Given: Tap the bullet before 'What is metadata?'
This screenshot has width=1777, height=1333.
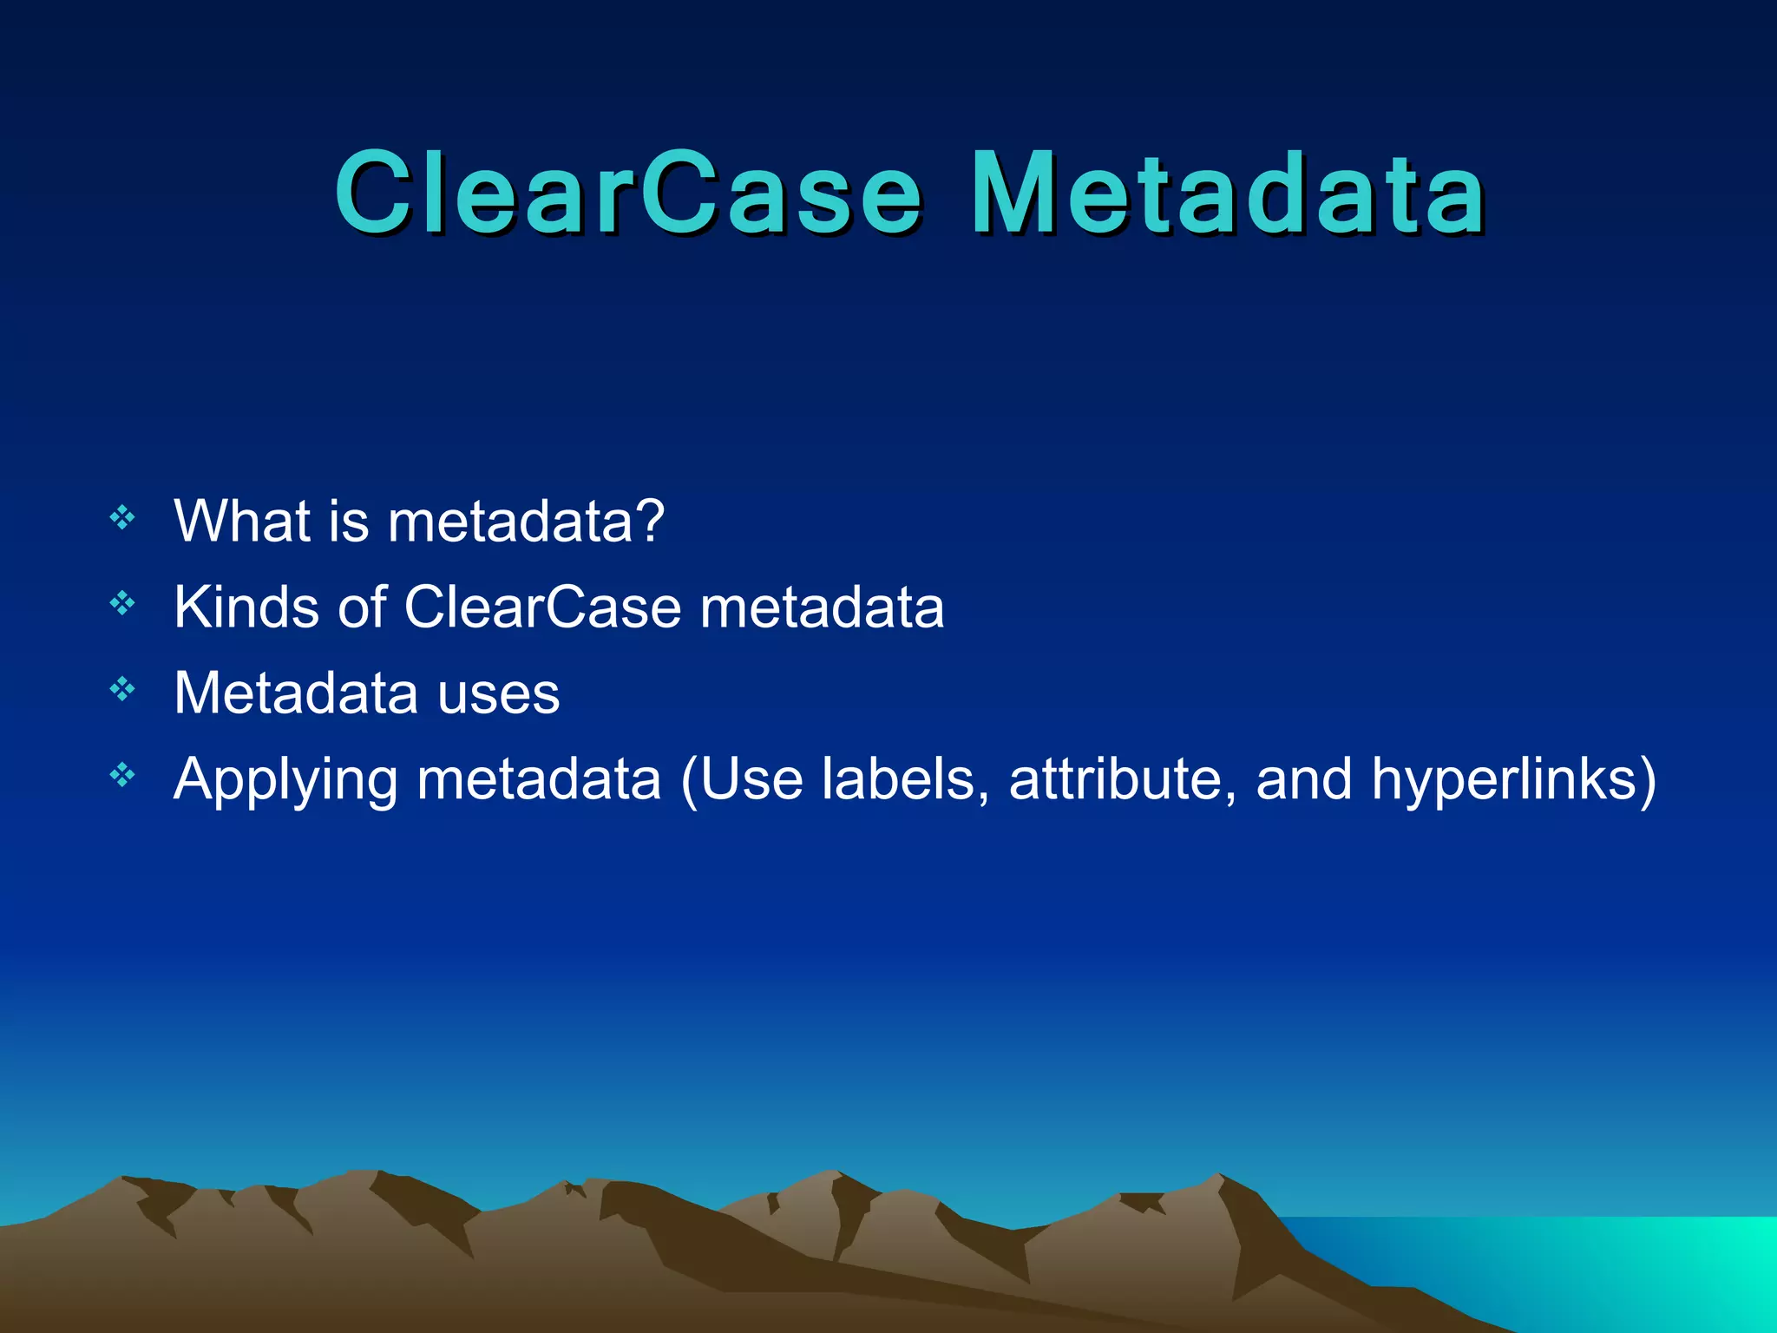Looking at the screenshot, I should [x=122, y=518].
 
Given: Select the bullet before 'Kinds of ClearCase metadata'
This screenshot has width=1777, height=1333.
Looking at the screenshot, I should [x=122, y=602].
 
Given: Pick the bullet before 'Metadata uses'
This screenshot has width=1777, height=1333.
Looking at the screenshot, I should [x=122, y=689].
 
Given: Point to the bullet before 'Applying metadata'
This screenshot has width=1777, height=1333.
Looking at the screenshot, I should [x=122, y=774].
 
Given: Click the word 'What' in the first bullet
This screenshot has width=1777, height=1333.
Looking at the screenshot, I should [x=242, y=522].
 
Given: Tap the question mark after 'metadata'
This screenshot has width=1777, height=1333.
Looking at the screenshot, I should [x=647, y=522].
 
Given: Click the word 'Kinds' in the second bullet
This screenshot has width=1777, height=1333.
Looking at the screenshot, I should [x=246, y=607].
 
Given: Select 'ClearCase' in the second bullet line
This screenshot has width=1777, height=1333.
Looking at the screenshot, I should [x=542, y=607].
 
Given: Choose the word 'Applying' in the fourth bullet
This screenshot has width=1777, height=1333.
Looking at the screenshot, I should [x=285, y=779].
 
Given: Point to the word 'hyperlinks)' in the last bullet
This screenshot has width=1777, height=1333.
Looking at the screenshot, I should [x=1513, y=779].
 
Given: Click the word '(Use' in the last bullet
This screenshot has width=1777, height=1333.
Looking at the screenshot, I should [x=742, y=779].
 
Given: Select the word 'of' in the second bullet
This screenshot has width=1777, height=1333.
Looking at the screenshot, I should [x=362, y=607].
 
